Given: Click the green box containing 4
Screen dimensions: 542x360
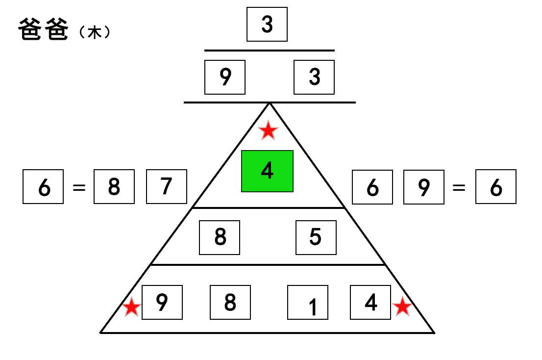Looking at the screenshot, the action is coord(267,171).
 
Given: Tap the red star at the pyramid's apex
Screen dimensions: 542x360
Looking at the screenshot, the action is coord(268,130).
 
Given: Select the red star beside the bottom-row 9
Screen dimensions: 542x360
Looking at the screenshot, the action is coord(132,307).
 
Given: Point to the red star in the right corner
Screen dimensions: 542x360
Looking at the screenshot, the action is coord(402,306).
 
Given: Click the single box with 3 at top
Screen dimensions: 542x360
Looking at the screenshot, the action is coord(267,24).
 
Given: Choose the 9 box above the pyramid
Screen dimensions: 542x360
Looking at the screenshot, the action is coord(224,77).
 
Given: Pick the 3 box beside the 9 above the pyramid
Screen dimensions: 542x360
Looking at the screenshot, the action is coord(314,77).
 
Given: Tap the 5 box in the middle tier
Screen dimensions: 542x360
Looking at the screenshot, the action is coord(316,237).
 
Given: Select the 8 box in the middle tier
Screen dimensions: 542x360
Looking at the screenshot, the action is coord(220,237).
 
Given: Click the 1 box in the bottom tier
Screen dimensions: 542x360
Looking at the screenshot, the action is coord(308,302).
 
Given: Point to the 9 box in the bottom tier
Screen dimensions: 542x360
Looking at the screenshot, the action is coord(162,302).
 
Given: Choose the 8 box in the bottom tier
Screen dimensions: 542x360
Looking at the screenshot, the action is coord(230,302).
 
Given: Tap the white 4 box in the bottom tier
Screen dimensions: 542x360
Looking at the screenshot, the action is coord(370,302).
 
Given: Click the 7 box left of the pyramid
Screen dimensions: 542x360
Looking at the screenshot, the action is coord(167,186).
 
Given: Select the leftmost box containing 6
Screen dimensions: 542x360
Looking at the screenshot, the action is coord(43,186).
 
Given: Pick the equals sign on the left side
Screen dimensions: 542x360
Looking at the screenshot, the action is coord(79,187).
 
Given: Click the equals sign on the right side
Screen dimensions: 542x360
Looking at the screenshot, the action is coord(459,187).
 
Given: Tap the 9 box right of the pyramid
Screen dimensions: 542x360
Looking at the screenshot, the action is coord(424,187).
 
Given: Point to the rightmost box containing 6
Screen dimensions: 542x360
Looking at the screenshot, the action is coord(495,186).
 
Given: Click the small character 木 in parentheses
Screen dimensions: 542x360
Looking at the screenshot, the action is coord(95,32).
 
